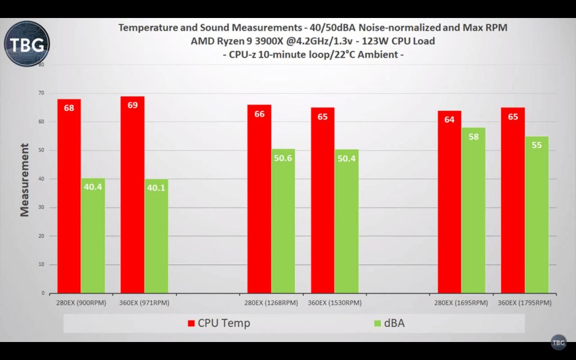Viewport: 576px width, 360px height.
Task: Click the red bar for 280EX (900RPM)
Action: coord(69,197)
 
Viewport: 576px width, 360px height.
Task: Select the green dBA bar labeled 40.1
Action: coord(156,236)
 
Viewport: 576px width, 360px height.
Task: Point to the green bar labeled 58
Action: coord(473,211)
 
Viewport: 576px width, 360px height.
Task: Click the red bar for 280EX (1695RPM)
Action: coord(449,202)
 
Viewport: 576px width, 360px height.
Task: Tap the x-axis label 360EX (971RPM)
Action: coord(144,303)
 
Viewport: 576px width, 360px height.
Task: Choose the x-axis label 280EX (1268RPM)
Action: coord(271,303)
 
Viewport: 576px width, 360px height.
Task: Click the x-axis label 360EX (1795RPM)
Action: coord(525,303)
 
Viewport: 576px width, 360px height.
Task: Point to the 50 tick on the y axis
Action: coord(42,151)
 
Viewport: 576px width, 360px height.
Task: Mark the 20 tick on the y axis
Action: coord(42,236)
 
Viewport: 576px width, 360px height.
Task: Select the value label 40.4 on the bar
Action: coord(93,187)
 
